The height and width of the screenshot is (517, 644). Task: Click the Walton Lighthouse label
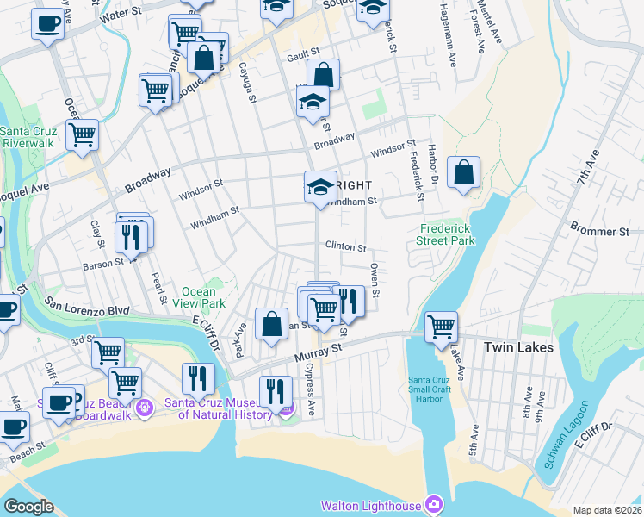tap(371, 506)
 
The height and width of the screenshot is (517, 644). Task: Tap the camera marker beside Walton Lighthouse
tap(435, 503)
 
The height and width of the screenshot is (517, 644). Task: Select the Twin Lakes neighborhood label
tap(518, 347)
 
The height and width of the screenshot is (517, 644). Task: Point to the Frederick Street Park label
tap(448, 234)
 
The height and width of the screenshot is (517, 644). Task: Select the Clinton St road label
tap(345, 246)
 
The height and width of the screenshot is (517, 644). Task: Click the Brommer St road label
tap(600, 232)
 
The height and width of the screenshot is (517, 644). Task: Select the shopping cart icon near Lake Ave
tap(441, 327)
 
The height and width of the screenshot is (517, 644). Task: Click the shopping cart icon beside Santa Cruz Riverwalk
tap(82, 134)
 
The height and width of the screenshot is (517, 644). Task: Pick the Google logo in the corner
tap(28, 507)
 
